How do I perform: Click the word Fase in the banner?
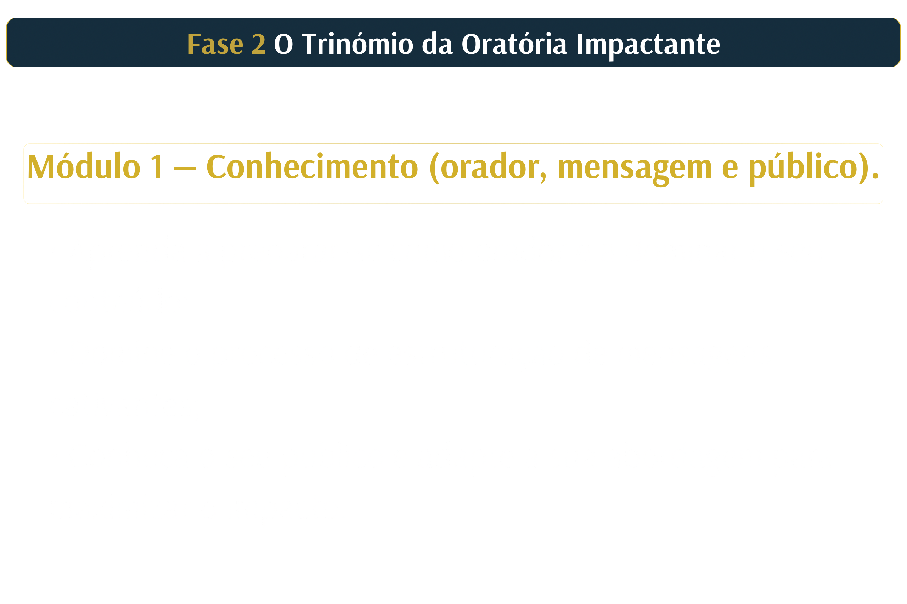215,44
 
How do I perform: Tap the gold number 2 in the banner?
259,44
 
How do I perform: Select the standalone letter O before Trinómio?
283,44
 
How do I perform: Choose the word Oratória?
514,43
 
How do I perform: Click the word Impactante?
648,45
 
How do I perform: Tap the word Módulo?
84,166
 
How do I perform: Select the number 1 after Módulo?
157,166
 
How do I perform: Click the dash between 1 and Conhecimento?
185,168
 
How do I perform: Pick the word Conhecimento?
312,166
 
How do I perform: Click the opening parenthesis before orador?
434,168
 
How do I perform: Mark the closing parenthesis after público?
863,168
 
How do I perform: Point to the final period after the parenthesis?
875,176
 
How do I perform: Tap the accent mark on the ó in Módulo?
66,155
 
